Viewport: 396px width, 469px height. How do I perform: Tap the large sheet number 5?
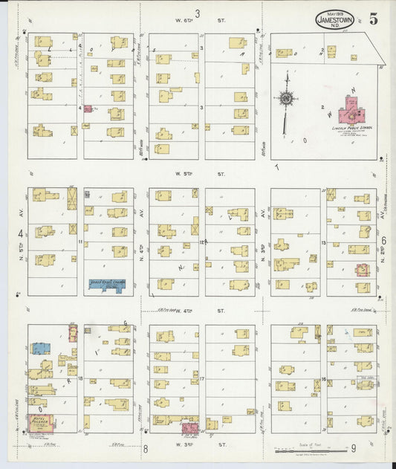(x=371, y=19)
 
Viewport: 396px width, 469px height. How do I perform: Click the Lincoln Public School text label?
(x=351, y=128)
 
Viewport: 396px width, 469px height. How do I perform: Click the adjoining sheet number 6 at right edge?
(x=383, y=240)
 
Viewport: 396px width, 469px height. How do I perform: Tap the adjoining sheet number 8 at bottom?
(x=146, y=448)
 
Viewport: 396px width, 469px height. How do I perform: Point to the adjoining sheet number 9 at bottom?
(x=354, y=447)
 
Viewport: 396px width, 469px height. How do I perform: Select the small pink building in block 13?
(x=362, y=270)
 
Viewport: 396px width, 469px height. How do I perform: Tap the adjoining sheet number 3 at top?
(x=198, y=13)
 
